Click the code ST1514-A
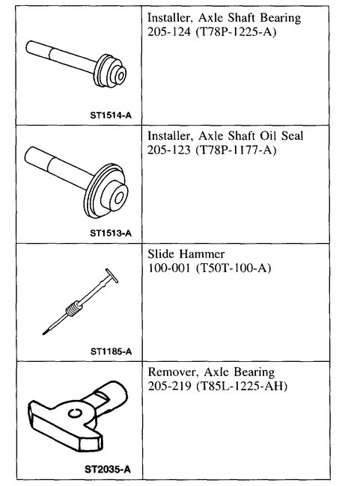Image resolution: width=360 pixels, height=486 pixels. click(110, 115)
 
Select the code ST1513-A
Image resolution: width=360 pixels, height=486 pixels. click(110, 233)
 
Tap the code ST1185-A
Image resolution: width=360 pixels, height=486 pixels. click(110, 350)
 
